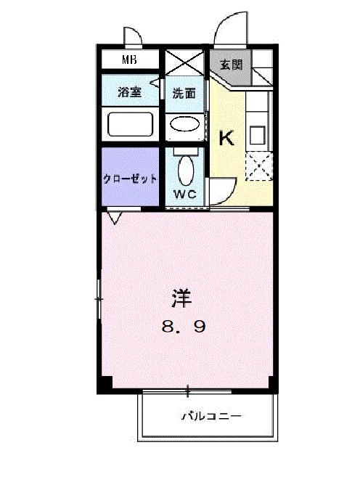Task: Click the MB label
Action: [130, 60]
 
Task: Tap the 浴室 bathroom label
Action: [131, 92]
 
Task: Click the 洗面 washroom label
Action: [184, 93]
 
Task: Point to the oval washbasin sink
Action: [185, 124]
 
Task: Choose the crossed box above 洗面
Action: [184, 62]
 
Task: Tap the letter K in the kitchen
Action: [227, 138]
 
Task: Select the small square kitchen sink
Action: [257, 135]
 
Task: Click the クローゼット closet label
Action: [129, 179]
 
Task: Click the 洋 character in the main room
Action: [182, 298]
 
